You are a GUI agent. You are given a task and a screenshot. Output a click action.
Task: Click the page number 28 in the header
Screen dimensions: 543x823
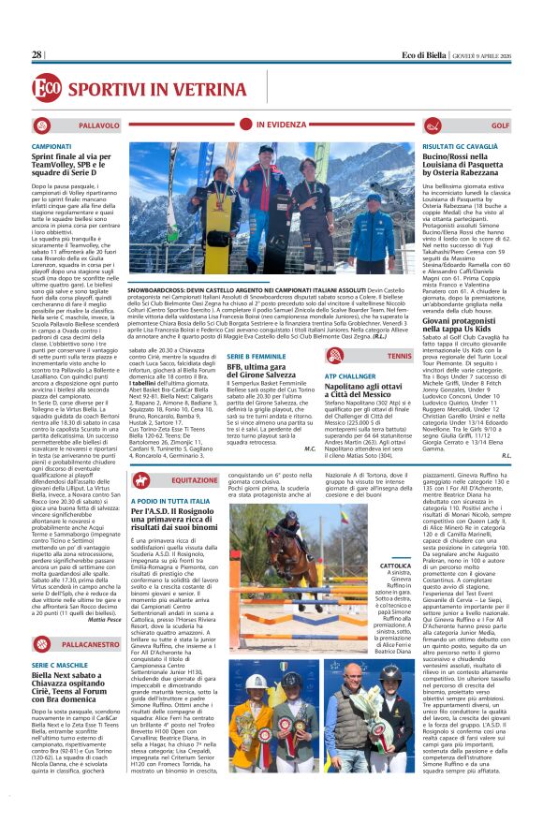tap(37, 55)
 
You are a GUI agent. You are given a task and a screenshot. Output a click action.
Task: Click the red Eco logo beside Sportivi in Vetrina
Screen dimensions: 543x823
tap(46, 87)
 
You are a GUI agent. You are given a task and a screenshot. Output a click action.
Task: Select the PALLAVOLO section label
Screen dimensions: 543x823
tap(98, 125)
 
